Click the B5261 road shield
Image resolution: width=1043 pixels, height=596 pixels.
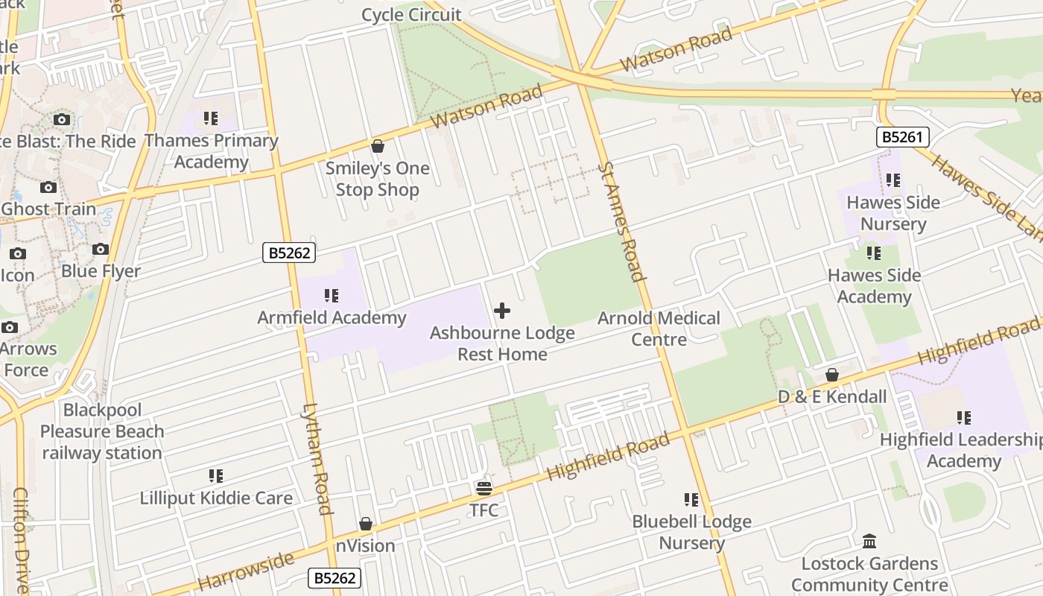(x=902, y=137)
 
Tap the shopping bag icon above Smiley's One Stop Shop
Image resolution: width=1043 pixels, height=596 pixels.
(x=378, y=146)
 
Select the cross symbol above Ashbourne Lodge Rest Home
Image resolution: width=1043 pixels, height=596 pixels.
(x=502, y=311)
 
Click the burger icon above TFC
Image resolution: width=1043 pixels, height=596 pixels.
(x=484, y=489)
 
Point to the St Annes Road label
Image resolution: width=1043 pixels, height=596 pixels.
(x=621, y=222)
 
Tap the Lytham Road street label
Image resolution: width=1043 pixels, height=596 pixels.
(x=316, y=459)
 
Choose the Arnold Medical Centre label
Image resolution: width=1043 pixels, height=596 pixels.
(x=659, y=329)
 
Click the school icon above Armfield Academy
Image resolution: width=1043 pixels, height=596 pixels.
(x=332, y=296)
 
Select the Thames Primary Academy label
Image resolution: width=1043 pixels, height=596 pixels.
(x=211, y=151)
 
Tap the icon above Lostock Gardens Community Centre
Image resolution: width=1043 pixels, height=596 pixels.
(x=869, y=541)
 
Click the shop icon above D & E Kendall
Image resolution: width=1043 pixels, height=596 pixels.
(x=832, y=375)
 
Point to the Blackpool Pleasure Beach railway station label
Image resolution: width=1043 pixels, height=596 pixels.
(x=102, y=431)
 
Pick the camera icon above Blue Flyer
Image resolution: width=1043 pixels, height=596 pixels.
(x=101, y=250)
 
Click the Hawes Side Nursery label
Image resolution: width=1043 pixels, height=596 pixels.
(x=893, y=213)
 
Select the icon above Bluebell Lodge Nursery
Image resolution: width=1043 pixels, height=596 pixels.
(x=691, y=500)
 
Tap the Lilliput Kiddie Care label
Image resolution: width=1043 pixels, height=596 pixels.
(x=216, y=498)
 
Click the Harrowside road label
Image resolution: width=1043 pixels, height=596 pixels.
(x=246, y=571)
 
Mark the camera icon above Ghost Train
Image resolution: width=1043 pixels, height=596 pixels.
(x=48, y=187)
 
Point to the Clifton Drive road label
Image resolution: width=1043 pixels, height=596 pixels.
(x=21, y=540)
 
